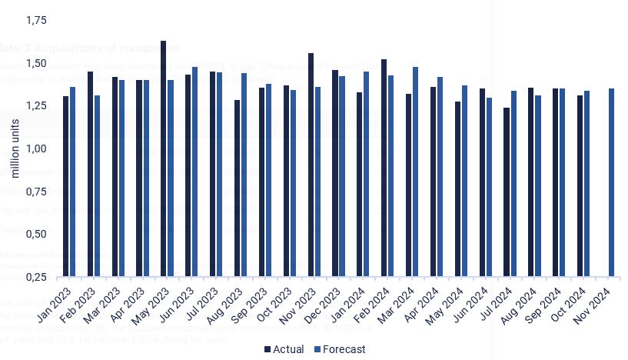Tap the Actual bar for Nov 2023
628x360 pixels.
pyautogui.click(x=311, y=165)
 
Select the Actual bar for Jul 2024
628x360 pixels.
pyautogui.click(x=507, y=192)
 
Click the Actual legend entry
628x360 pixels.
pyautogui.click(x=284, y=349)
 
